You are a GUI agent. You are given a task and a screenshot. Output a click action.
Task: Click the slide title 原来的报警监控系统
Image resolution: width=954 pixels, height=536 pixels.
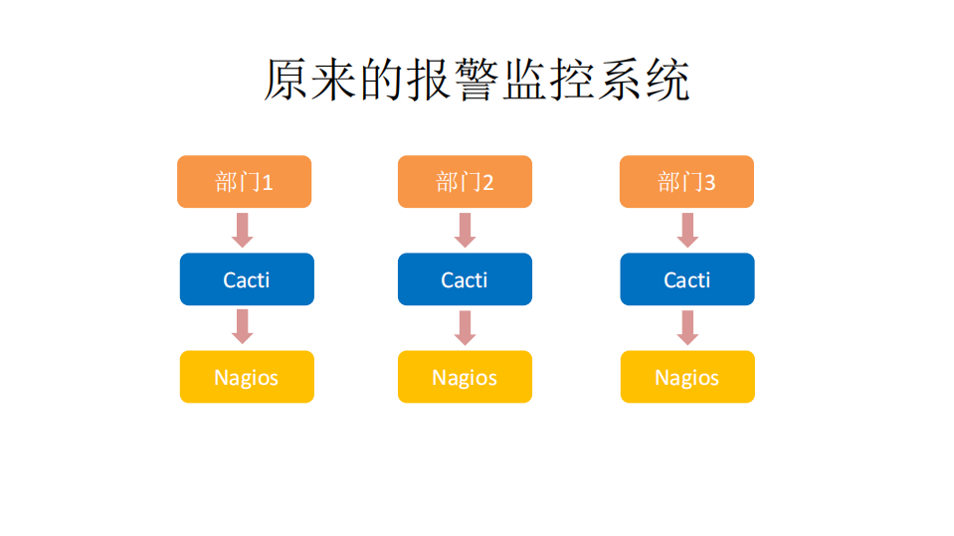pos(477,81)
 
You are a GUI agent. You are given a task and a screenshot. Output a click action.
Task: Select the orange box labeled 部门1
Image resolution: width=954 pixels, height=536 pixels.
pos(244,182)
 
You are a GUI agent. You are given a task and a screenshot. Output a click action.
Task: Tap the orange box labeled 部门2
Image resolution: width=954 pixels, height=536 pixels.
pos(465,182)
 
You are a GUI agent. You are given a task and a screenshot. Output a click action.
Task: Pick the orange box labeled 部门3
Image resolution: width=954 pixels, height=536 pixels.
pos(686,182)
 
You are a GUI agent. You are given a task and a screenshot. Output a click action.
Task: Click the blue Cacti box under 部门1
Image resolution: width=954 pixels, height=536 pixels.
pos(247,279)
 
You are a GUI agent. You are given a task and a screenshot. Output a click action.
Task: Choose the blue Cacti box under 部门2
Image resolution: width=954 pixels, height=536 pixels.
pos(465,279)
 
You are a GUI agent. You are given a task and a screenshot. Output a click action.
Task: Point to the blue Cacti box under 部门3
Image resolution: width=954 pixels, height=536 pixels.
pos(687,279)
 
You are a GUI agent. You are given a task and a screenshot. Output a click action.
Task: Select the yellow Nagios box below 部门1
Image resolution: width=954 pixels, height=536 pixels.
pos(247,377)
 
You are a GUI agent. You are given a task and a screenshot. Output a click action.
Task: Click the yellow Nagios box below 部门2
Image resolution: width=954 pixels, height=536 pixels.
pos(465,377)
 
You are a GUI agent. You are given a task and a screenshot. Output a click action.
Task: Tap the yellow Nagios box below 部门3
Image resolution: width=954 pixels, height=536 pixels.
pos(687,377)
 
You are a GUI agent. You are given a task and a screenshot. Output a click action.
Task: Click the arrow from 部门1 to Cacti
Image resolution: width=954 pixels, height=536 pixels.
pos(243,230)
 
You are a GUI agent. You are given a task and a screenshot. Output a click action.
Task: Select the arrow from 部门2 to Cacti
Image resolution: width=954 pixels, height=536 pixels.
pos(465,230)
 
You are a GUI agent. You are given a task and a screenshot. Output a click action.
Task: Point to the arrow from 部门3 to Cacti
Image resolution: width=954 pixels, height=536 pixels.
pos(686,230)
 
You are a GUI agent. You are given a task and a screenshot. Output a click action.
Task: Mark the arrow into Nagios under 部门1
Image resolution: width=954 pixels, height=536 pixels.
pos(243,327)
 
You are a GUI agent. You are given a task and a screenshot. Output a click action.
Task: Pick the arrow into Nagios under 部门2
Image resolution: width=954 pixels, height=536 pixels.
pos(465,327)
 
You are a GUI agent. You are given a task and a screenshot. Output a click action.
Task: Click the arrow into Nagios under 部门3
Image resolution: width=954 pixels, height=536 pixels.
pos(686,327)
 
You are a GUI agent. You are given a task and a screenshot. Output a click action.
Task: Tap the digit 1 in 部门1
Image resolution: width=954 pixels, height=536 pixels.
pos(267,183)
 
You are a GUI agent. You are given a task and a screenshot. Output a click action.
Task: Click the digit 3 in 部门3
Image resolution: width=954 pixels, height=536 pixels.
pos(709,183)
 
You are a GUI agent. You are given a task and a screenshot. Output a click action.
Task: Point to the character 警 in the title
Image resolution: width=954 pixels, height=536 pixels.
pos(476,81)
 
